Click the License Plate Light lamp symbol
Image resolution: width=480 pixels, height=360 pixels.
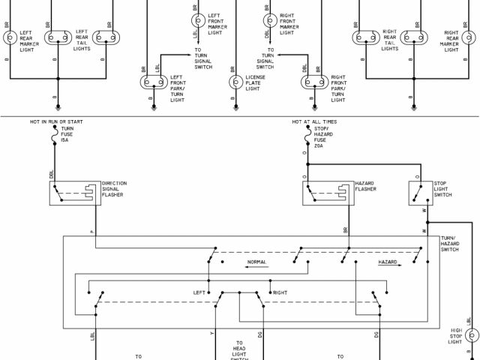234,83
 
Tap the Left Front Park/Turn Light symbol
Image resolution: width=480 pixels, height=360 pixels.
152,83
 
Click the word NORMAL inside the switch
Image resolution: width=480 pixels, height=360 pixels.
257,262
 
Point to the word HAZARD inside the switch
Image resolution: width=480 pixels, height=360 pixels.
387,262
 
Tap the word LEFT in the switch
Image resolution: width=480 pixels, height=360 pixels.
199,292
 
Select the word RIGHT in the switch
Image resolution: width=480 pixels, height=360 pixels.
280,292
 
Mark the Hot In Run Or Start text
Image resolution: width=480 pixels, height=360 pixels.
55,120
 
